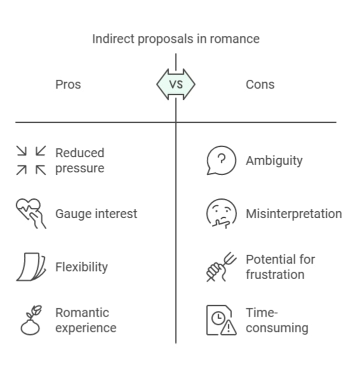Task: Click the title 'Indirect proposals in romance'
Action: (175, 39)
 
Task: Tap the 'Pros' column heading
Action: (68, 84)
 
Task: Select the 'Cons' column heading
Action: (260, 84)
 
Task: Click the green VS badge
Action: (175, 84)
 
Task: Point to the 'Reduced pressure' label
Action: (80, 160)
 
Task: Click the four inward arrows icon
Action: (31, 160)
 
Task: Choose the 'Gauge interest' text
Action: (96, 214)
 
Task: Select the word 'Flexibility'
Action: (81, 267)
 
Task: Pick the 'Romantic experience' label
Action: (85, 320)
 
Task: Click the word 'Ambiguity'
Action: (274, 160)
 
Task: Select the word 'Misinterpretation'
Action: (294, 214)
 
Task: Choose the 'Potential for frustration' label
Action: (280, 267)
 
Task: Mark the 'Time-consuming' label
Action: (277, 320)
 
